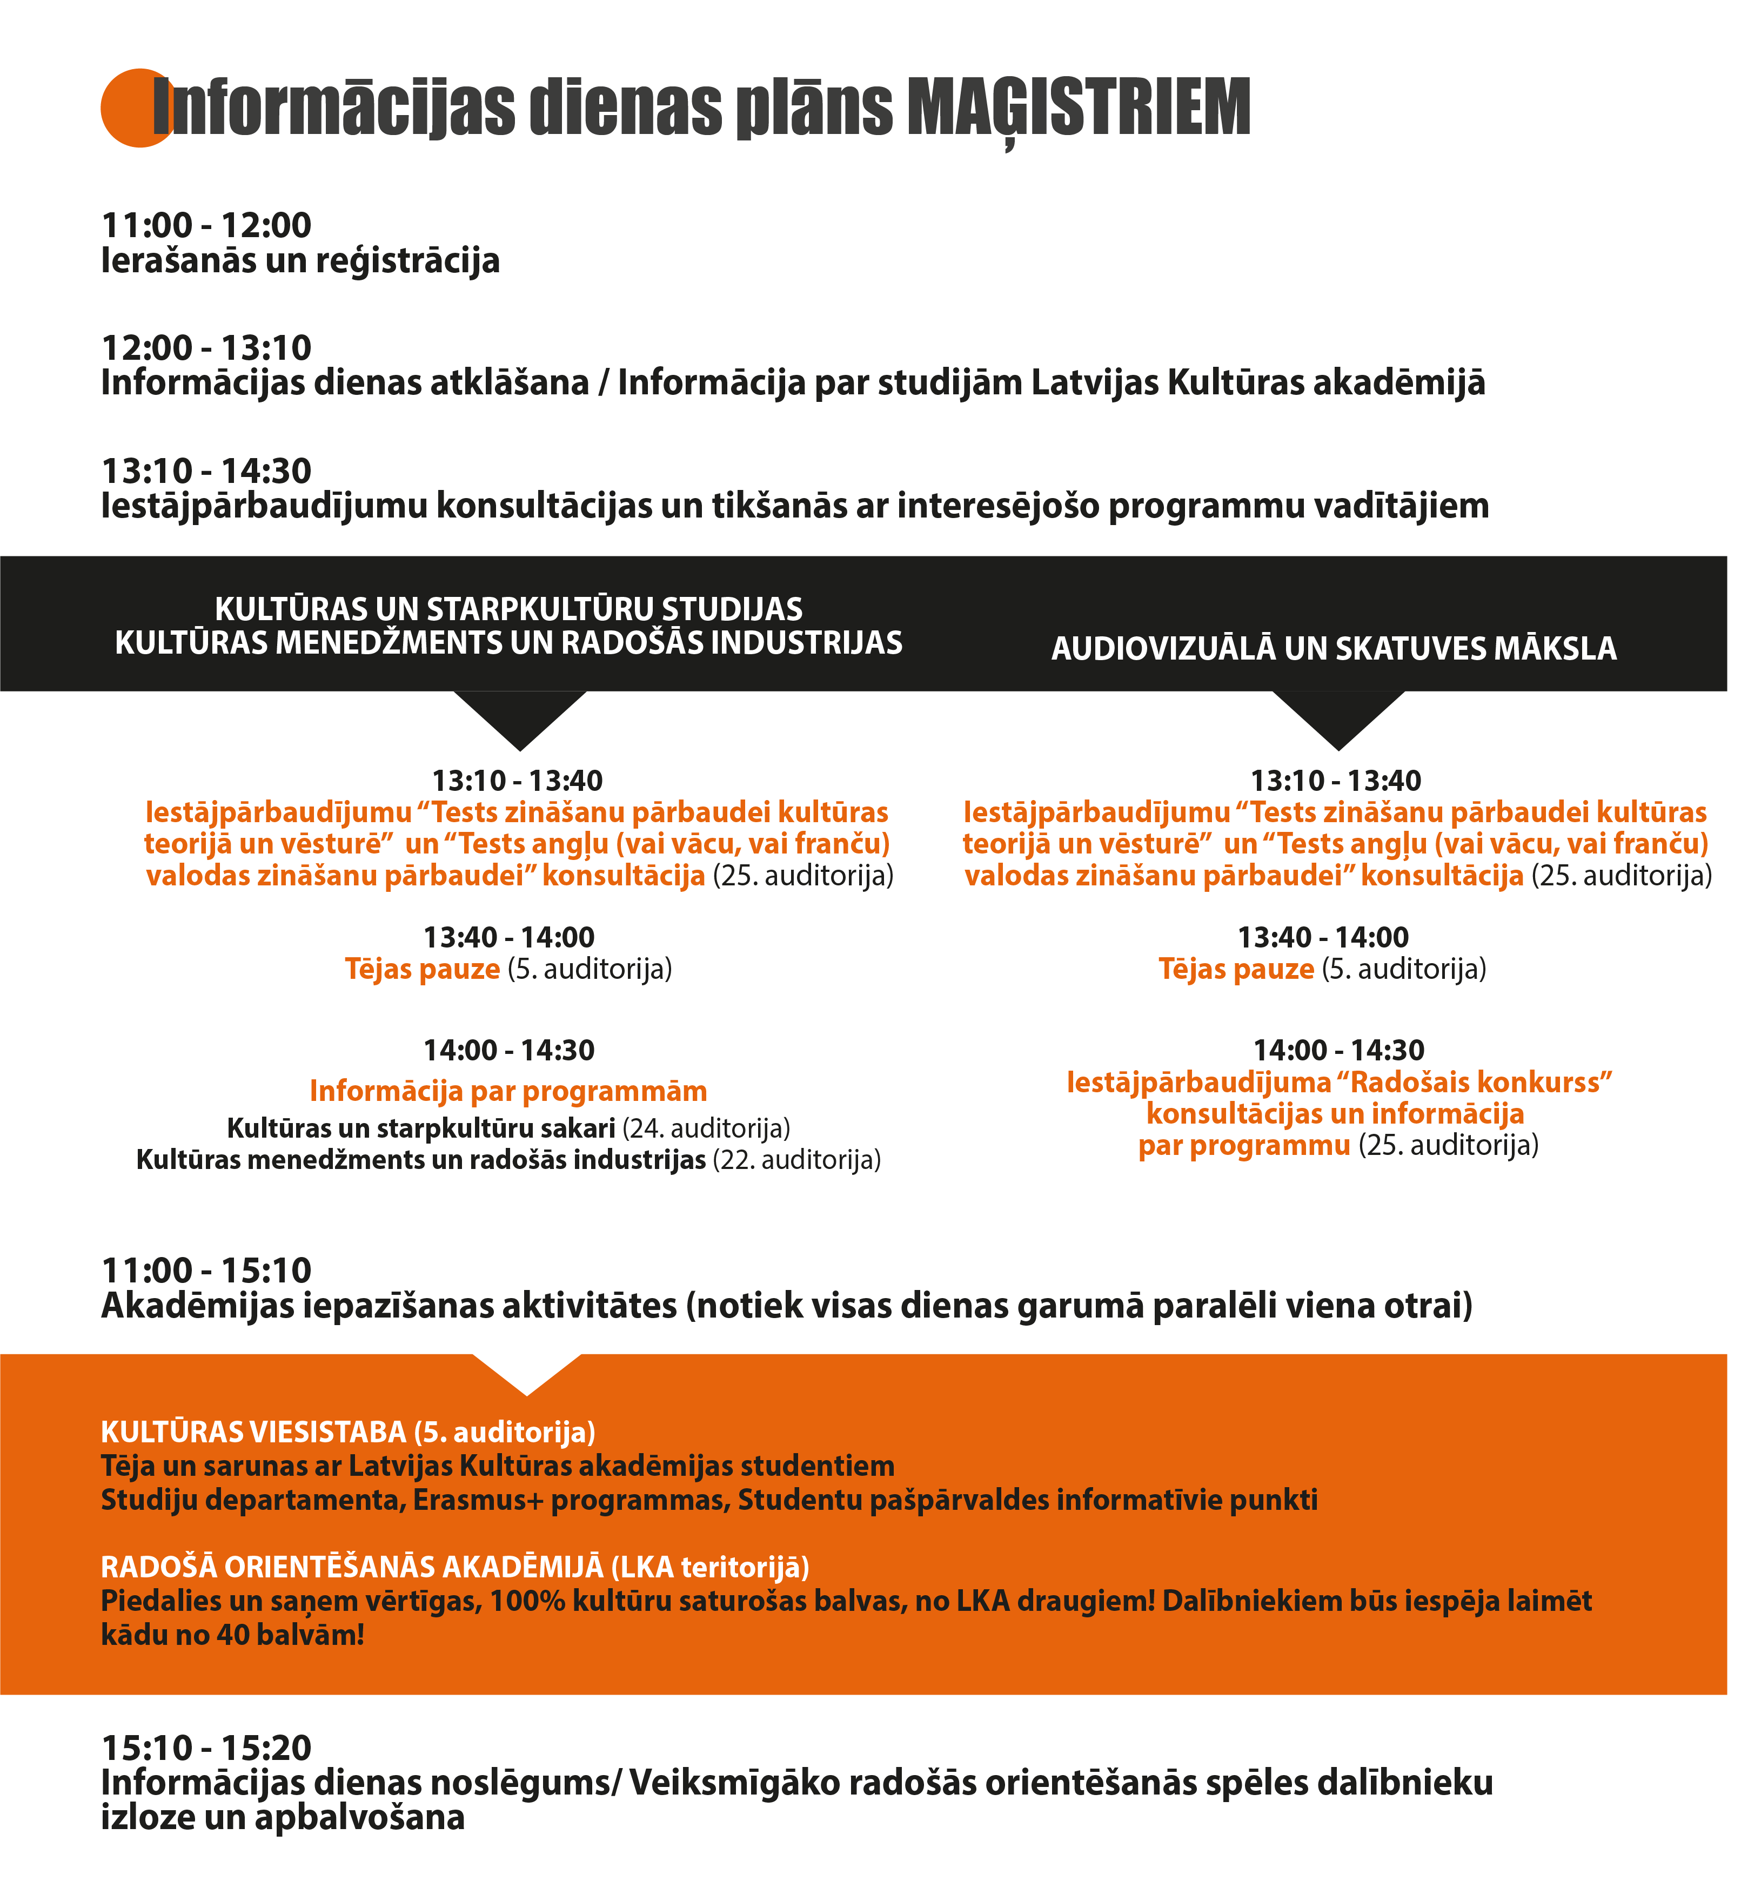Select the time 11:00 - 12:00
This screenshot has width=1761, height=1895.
(x=207, y=226)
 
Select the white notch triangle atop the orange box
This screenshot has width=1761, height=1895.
(x=527, y=1370)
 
